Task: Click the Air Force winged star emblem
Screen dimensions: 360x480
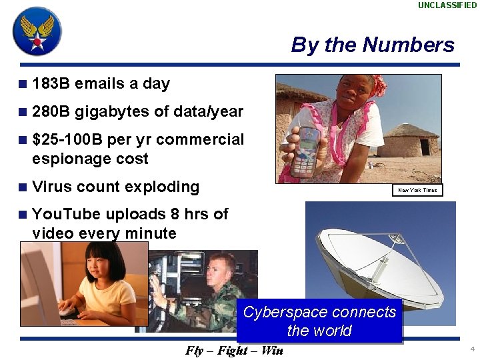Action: [x=37, y=31]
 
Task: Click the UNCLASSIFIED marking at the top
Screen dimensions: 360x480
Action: [x=447, y=5]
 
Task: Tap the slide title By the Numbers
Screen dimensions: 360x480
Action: [x=373, y=45]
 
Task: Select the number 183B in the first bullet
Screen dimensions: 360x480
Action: [x=51, y=84]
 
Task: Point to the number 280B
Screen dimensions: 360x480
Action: [x=51, y=112]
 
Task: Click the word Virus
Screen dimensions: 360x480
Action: [x=52, y=187]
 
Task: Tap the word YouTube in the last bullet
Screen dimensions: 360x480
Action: [x=66, y=214]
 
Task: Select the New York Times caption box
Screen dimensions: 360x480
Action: [x=417, y=190]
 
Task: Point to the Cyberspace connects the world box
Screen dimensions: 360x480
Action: [x=319, y=321]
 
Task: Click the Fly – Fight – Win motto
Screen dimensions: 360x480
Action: [x=234, y=351]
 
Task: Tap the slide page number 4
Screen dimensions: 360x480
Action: [x=472, y=349]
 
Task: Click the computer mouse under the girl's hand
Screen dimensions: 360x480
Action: [x=67, y=311]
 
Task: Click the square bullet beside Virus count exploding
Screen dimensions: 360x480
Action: [x=23, y=187]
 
